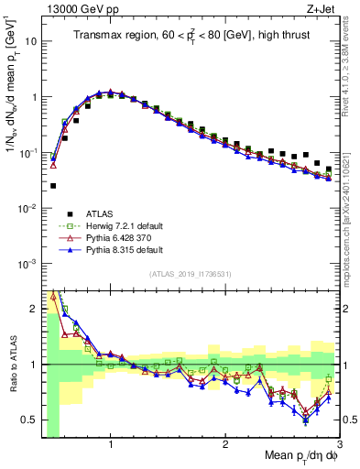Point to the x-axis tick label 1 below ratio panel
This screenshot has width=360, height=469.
[x=111, y=445]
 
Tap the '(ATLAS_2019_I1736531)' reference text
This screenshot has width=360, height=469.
[x=190, y=275]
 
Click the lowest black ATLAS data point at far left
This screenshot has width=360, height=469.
[x=53, y=186]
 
